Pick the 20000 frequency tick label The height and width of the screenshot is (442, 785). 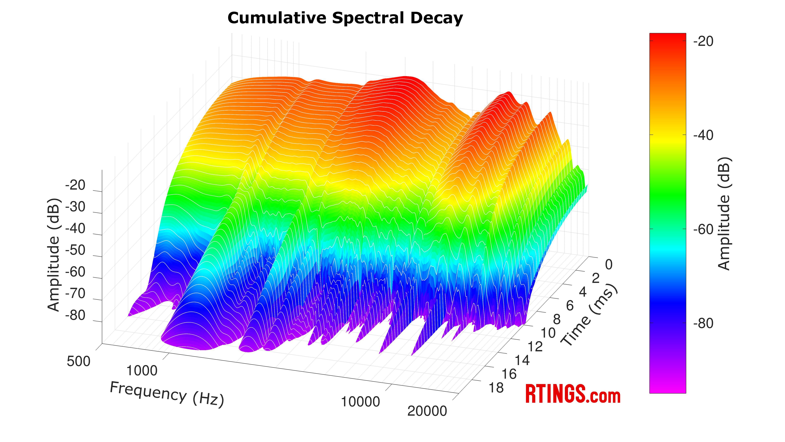click(427, 411)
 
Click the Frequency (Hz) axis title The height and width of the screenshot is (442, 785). click(167, 394)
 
